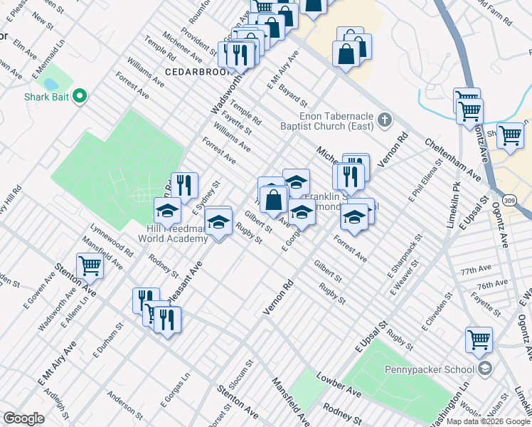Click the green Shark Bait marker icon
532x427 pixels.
(x=80, y=95)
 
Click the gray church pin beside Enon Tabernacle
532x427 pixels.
(x=385, y=120)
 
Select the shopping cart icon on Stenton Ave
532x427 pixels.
(x=90, y=265)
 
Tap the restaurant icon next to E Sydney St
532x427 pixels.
(x=183, y=186)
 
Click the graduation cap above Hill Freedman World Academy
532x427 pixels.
(x=167, y=211)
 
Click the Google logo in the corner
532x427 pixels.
(x=24, y=418)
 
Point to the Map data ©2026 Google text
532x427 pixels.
(x=489, y=421)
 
